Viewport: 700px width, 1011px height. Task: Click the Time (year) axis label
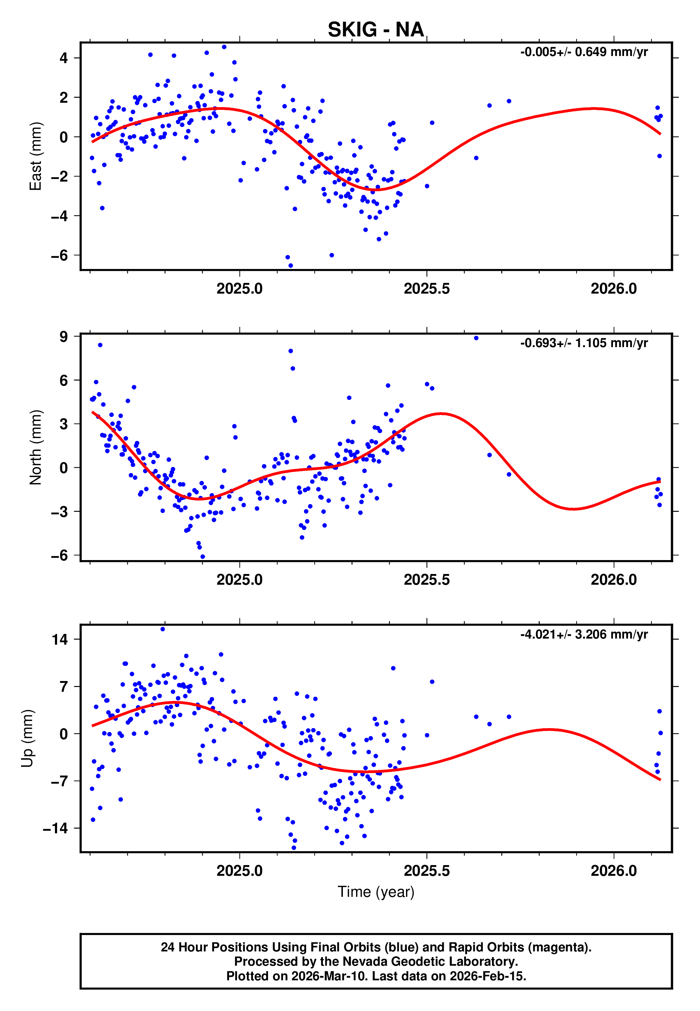pos(376,892)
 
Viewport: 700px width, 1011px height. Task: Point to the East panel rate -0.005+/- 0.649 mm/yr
pos(584,52)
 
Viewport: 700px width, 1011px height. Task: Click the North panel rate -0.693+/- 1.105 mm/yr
pos(584,343)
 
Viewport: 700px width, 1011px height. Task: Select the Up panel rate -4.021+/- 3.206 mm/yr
pos(584,634)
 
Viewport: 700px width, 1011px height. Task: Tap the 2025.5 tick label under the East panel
pos(426,289)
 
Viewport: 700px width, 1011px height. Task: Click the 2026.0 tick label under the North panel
pos(614,580)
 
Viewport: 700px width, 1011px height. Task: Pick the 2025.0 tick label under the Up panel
pos(239,871)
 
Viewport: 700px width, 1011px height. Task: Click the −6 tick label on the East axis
pos(59,255)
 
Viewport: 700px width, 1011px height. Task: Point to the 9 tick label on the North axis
pos(64,337)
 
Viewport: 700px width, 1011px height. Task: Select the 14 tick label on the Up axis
pos(60,640)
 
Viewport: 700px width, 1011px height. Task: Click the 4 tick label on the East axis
pos(64,58)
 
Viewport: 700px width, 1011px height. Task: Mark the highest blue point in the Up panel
pos(163,629)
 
